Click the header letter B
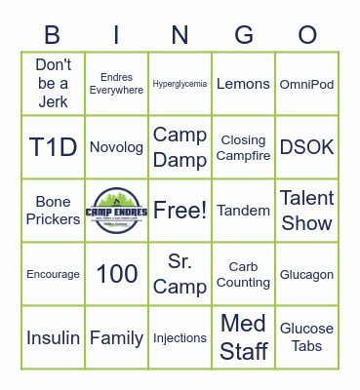click(x=53, y=36)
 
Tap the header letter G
click(x=244, y=36)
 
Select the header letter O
click(x=307, y=36)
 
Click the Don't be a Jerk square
click(x=53, y=84)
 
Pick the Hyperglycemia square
click(x=180, y=84)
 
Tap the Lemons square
click(x=244, y=84)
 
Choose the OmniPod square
click(x=307, y=84)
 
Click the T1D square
click(x=53, y=147)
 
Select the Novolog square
click(x=117, y=147)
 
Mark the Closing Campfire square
click(x=244, y=147)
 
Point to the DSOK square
click(x=307, y=147)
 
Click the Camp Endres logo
click(x=117, y=210)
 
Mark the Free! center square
click(x=180, y=210)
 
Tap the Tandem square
click(x=244, y=210)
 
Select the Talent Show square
click(x=307, y=210)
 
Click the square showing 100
click(x=117, y=274)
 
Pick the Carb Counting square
click(x=244, y=274)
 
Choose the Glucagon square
click(x=307, y=274)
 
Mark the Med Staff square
click(x=244, y=337)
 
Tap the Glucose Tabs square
click(x=307, y=337)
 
